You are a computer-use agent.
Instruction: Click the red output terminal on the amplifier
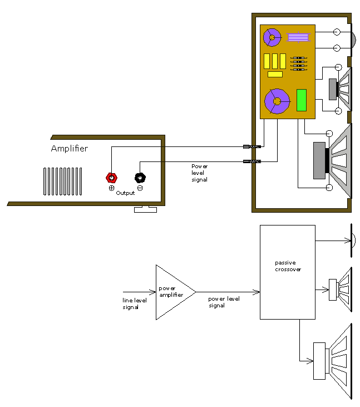[x=112, y=178]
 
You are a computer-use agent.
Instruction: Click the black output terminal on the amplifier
[x=140, y=178]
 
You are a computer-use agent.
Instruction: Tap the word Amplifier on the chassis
[x=70, y=149]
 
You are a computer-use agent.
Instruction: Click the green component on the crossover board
[x=302, y=100]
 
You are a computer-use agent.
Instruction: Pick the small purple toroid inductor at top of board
[x=272, y=37]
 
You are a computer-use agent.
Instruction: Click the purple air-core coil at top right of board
[x=298, y=38]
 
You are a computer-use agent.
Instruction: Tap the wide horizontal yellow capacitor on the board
[x=275, y=74]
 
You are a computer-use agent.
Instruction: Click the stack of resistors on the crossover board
[x=299, y=63]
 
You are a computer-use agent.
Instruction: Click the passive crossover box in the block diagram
[x=288, y=272]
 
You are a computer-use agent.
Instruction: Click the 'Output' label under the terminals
[x=125, y=193]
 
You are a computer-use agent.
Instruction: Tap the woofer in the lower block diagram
[x=334, y=361]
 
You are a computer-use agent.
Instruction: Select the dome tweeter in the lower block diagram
[x=354, y=241]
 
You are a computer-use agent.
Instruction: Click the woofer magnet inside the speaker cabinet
[x=319, y=161]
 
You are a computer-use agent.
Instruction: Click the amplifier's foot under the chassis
[x=145, y=209]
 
